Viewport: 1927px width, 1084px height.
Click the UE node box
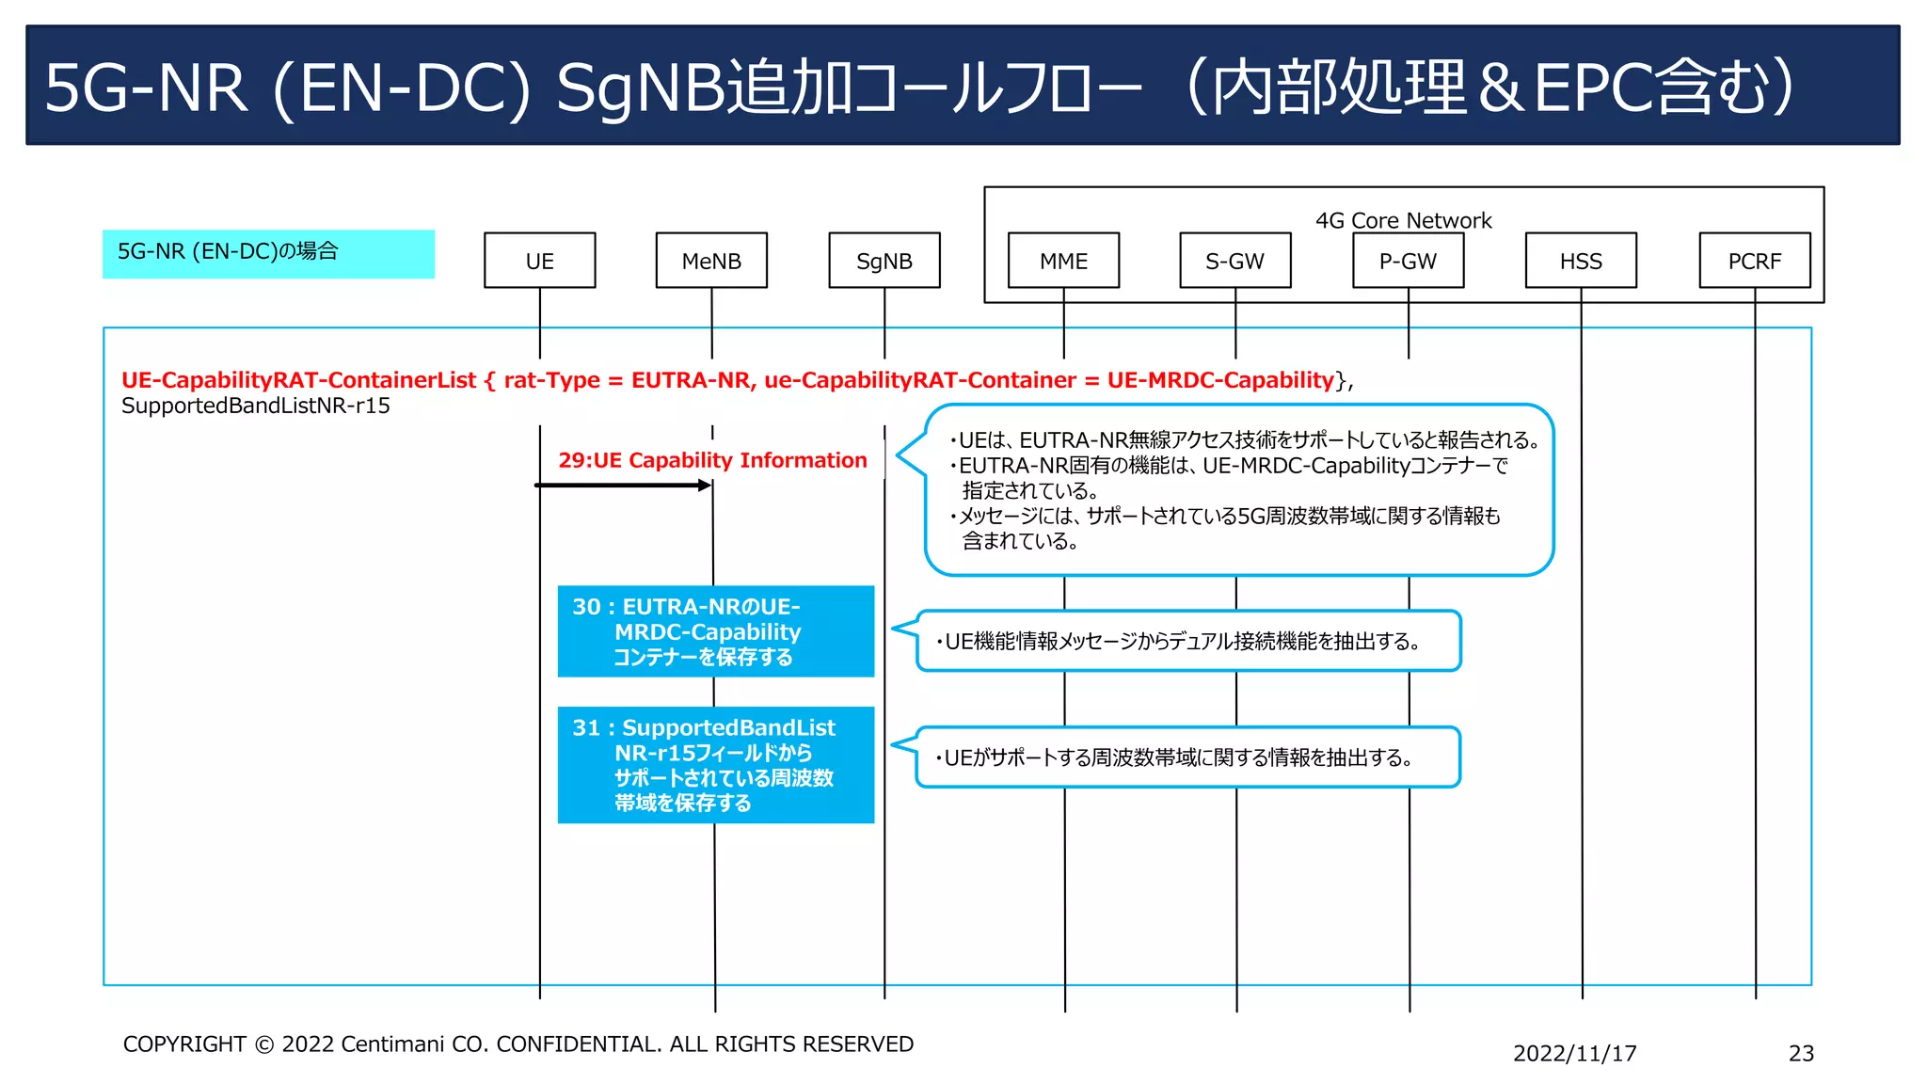click(539, 261)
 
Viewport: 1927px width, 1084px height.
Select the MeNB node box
click(711, 261)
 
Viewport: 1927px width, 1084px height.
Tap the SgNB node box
click(884, 261)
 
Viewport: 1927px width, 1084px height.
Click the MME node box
click(1063, 261)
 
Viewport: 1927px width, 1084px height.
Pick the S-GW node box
click(1234, 261)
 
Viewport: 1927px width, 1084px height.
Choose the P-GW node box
click(1408, 261)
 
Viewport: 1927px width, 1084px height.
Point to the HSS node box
click(1581, 261)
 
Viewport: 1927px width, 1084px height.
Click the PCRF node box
click(1754, 261)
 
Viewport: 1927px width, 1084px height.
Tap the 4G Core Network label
click(1403, 220)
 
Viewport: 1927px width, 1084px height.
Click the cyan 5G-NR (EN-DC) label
click(268, 253)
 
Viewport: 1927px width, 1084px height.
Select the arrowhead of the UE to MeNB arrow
click(705, 486)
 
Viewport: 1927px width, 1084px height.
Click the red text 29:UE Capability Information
click(712, 460)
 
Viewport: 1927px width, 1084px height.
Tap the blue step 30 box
click(715, 631)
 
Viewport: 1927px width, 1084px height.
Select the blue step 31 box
click(715, 764)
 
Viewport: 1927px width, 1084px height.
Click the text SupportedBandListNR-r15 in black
click(255, 406)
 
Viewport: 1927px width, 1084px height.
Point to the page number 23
click(1800, 1053)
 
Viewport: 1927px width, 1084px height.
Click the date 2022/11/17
click(1574, 1053)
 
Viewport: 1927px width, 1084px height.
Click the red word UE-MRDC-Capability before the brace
click(1219, 380)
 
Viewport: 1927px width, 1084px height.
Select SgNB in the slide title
click(642, 88)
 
